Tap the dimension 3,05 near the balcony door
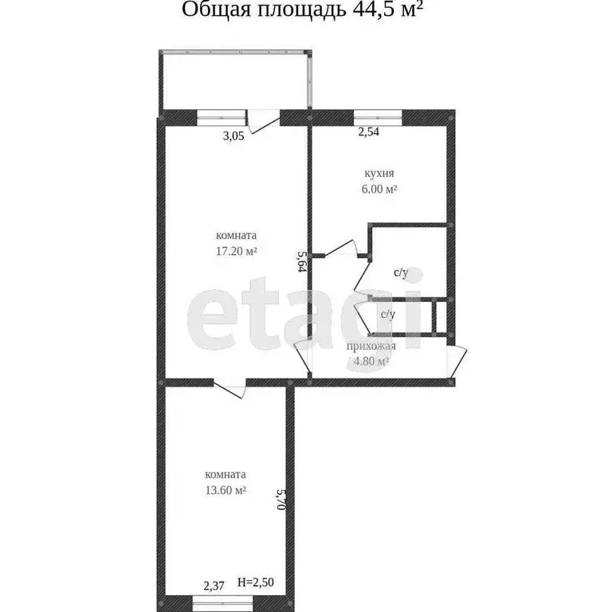coord(233,135)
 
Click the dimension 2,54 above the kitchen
coord(368,133)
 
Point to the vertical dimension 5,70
coord(280,498)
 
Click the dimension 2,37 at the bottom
coord(213,586)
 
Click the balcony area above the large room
coord(234,80)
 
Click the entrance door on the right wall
coord(457,363)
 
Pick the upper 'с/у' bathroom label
coord(401,273)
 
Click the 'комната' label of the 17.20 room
coord(236,236)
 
